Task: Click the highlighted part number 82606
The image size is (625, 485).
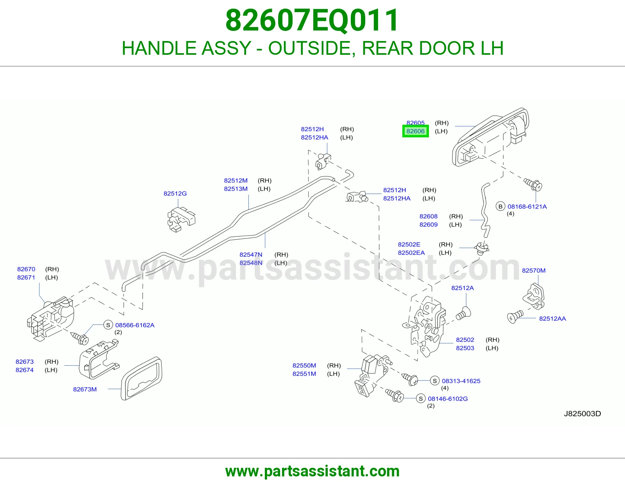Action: pyautogui.click(x=415, y=131)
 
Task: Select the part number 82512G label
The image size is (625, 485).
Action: pyautogui.click(x=175, y=194)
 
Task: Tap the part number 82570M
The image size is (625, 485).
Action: pyautogui.click(x=534, y=270)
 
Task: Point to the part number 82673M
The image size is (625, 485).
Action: pyautogui.click(x=85, y=390)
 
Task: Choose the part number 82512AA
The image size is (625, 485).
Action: pyautogui.click(x=552, y=318)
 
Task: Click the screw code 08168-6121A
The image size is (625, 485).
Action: pyautogui.click(x=527, y=207)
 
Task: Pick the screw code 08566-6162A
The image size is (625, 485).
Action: pyautogui.click(x=135, y=325)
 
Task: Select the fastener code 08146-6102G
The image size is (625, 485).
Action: pyautogui.click(x=448, y=399)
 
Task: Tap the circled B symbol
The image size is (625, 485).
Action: pyautogui.click(x=500, y=207)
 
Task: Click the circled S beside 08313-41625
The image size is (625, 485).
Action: pyautogui.click(x=435, y=381)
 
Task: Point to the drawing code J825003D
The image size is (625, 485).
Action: pyautogui.click(x=582, y=413)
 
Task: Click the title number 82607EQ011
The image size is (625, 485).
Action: pyautogui.click(x=312, y=20)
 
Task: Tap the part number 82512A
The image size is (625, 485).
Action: pyautogui.click(x=462, y=288)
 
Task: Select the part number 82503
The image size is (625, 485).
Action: pyautogui.click(x=465, y=348)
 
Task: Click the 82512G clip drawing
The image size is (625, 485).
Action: pyautogui.click(x=181, y=219)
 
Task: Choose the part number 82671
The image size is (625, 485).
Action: pyautogui.click(x=26, y=277)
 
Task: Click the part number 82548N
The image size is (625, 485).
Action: pyautogui.click(x=251, y=263)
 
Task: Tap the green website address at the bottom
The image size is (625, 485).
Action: pyautogui.click(x=312, y=471)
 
